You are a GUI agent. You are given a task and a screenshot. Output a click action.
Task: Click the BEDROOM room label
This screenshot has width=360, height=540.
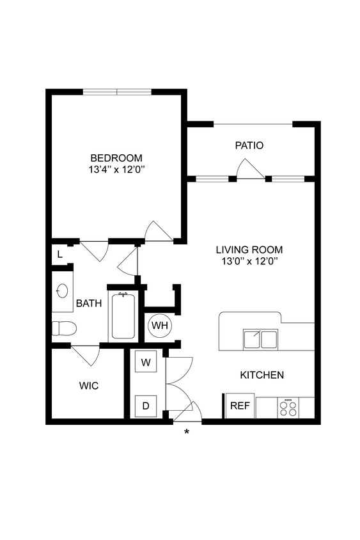[116, 158]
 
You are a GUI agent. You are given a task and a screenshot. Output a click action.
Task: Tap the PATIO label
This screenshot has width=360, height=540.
[249, 145]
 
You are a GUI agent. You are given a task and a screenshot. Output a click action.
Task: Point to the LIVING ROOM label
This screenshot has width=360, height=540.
[249, 250]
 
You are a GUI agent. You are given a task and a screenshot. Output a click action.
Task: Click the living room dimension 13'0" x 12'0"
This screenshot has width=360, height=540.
[249, 261]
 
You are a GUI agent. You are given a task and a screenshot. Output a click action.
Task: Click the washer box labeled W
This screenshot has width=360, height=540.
[146, 363]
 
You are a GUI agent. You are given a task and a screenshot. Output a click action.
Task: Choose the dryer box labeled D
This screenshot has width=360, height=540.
[146, 405]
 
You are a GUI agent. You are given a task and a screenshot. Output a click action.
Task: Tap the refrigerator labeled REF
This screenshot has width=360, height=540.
[240, 406]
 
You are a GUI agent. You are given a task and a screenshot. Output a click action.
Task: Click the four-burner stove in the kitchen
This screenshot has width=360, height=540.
[288, 408]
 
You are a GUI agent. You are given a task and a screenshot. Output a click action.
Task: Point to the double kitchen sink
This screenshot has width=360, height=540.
[260, 338]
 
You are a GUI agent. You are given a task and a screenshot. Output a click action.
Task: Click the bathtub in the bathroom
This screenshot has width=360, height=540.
[123, 316]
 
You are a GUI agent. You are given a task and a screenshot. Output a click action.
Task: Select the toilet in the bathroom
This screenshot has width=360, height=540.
[64, 328]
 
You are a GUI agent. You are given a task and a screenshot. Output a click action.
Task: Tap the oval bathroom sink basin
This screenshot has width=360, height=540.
[63, 291]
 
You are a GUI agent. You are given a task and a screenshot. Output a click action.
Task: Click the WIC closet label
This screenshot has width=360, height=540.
[88, 386]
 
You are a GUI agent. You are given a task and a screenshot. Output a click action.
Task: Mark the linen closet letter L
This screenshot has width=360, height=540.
[60, 254]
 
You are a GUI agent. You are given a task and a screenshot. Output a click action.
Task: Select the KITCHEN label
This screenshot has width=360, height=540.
[262, 375]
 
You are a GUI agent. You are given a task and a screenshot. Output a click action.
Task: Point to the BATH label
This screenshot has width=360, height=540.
[89, 303]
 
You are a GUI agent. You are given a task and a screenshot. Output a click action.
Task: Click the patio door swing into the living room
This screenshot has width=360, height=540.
[249, 169]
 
